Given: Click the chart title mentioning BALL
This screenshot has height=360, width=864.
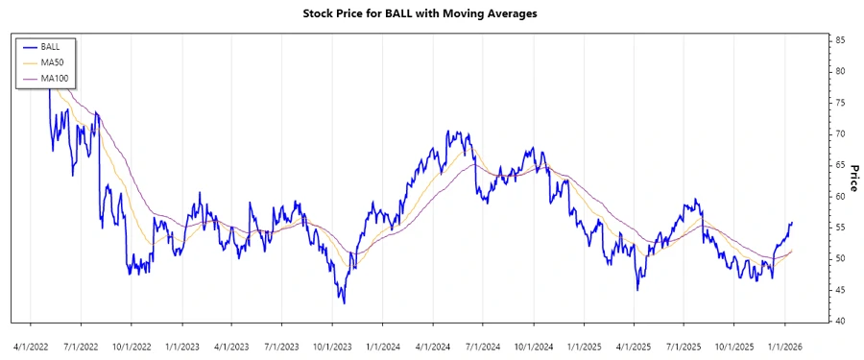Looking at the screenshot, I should coord(431,14).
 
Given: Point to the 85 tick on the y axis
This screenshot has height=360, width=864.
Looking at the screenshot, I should coord(840,40).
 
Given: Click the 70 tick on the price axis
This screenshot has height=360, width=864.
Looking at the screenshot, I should coord(840,133).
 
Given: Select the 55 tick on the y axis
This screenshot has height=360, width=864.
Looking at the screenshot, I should coord(840,228).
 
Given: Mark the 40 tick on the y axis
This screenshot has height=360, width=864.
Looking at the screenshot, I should coord(840,321).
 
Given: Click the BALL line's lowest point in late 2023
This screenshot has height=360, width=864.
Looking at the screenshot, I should coord(344,303).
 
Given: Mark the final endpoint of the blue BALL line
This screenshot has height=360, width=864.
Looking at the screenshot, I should coord(792,223).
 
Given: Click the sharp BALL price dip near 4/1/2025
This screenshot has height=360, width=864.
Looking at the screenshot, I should coord(636,290).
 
